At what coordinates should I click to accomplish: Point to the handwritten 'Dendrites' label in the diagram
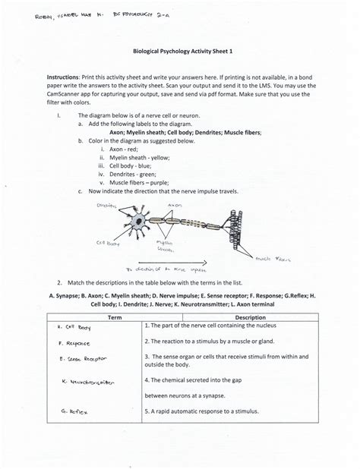click(107, 206)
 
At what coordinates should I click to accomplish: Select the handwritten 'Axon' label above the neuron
click(174, 205)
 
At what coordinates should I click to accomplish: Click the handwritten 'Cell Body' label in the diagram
click(106, 244)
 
